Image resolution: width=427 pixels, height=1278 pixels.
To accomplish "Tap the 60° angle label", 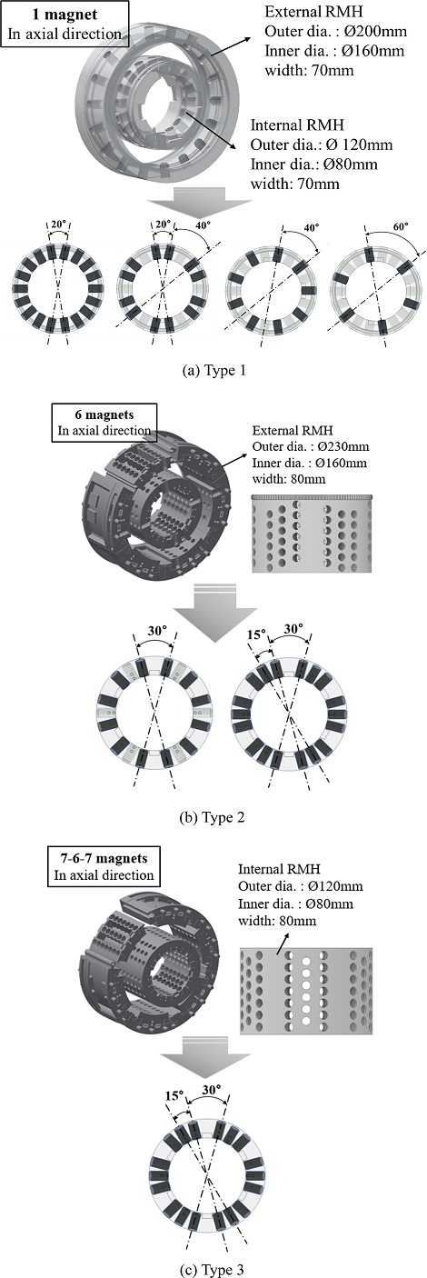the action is point(401,225).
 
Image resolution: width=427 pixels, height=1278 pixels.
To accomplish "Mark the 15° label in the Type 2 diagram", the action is point(256,634).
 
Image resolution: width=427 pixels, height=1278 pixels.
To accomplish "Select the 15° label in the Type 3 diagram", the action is point(174,1096).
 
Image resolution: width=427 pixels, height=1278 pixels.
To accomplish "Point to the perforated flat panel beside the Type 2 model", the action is point(312,534).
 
